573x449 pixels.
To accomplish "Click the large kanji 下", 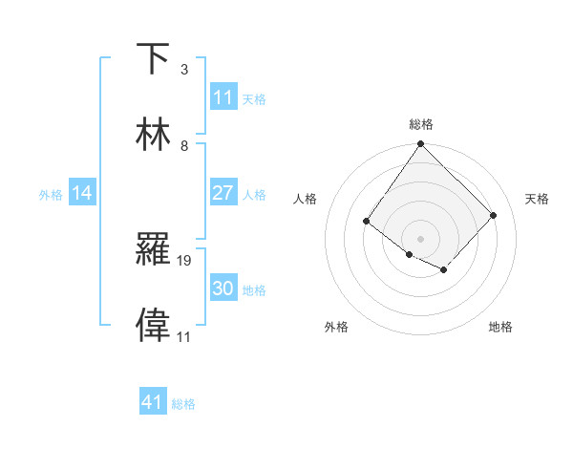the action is click(x=155, y=58).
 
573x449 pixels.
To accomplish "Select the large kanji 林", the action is click(x=155, y=135).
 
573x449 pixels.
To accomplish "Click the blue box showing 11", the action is click(x=223, y=97).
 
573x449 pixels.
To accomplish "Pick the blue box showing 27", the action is click(x=223, y=193).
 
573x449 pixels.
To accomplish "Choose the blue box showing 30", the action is click(x=223, y=289).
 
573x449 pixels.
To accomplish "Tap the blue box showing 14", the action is click(x=82, y=193).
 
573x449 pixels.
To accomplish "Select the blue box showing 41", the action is click(x=153, y=402).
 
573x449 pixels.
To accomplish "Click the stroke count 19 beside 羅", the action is click(x=185, y=260).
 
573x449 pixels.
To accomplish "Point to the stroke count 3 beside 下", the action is click(x=184, y=70).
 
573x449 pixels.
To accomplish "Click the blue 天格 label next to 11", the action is click(x=254, y=98).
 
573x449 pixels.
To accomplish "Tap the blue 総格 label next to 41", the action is click(x=183, y=404).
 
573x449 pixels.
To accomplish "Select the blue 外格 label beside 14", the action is click(x=51, y=194).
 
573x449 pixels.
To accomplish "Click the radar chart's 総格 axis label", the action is click(x=421, y=124).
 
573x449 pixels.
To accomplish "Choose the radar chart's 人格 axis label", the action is click(x=306, y=199).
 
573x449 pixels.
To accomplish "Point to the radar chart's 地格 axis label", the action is click(x=500, y=327).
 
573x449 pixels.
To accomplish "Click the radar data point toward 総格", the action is click(x=421, y=144).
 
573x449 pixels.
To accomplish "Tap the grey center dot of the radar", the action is click(x=421, y=238).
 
